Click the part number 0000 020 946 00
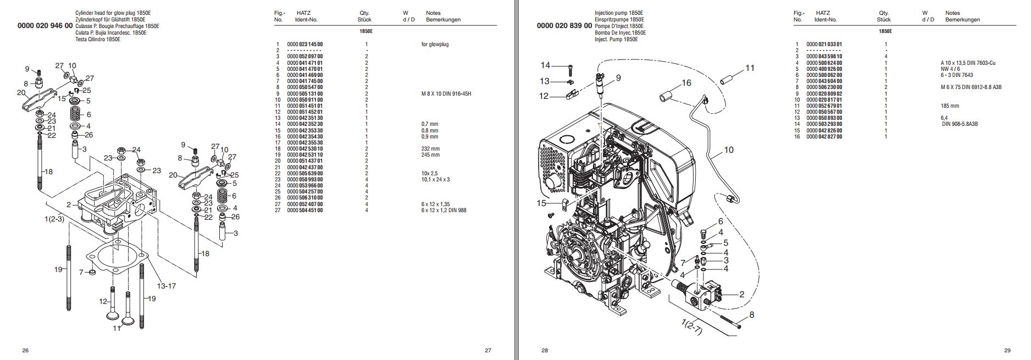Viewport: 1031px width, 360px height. point(45,26)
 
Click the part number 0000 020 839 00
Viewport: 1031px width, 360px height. point(564,26)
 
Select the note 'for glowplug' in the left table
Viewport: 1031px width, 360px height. point(431,45)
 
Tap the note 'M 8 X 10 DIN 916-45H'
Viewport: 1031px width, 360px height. point(445,93)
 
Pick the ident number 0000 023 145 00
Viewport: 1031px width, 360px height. point(305,45)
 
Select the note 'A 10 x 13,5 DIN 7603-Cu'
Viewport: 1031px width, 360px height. point(968,63)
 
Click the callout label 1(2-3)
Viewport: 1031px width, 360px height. point(54,219)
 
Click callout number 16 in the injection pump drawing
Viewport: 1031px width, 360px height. point(686,83)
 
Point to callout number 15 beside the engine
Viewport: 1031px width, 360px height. point(542,203)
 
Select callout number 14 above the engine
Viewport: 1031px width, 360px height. point(545,65)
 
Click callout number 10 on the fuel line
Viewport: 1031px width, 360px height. point(728,149)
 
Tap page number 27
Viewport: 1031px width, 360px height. point(487,350)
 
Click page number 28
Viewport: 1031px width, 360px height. point(545,350)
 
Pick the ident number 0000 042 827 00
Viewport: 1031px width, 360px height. point(824,136)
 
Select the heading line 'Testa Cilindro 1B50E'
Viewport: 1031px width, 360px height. point(98,39)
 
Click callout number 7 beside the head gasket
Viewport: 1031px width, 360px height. point(81,272)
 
